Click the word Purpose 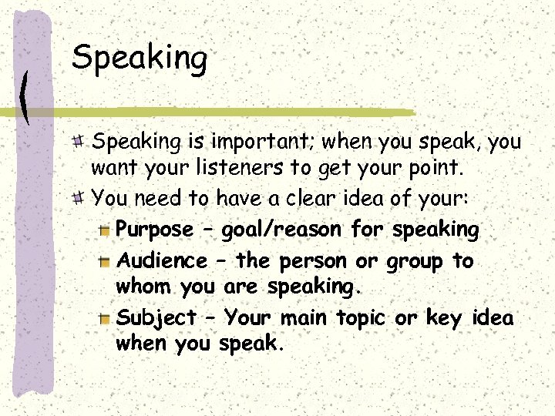tap(154, 230)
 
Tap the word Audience tap(161, 261)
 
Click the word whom tap(144, 287)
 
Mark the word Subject tap(156, 318)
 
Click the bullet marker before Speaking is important tap(79, 140)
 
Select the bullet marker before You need tap(79, 198)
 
